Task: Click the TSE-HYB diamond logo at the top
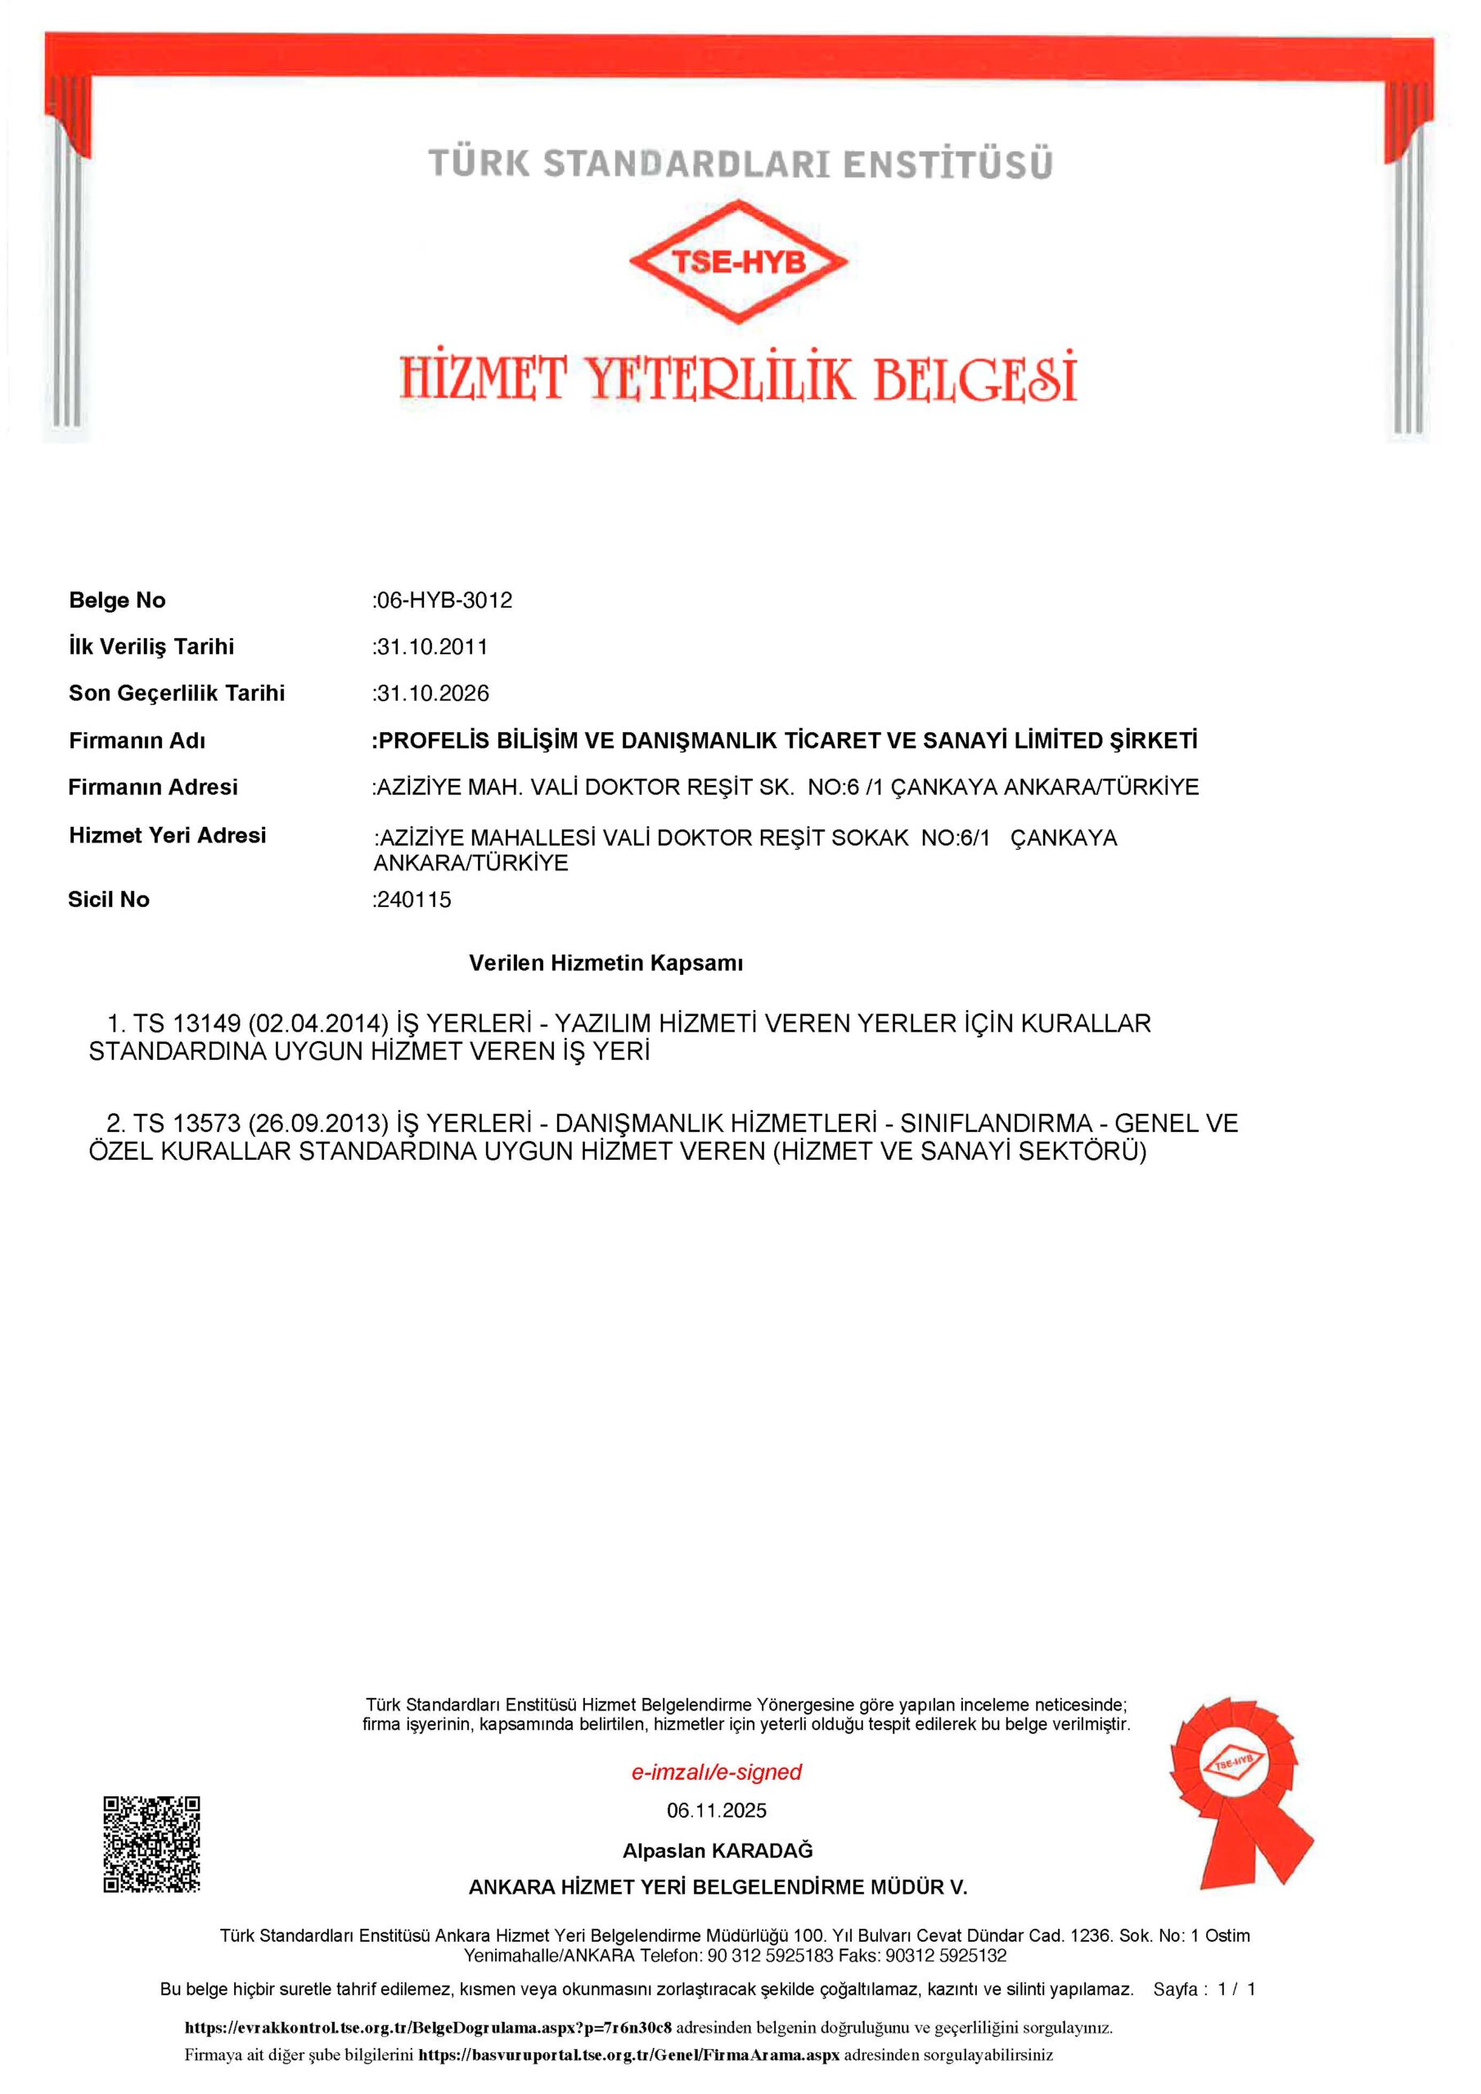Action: tap(738, 263)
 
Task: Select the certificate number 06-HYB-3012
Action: tap(444, 600)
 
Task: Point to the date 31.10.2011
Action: tap(431, 647)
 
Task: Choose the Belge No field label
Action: tap(117, 600)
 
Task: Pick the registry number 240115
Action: tap(413, 899)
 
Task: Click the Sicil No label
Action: tap(109, 899)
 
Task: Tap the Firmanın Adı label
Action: tap(137, 740)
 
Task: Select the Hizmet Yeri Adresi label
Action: tap(167, 835)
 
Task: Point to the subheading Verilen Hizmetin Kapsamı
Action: tap(606, 963)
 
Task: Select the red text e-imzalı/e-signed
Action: tap(716, 1772)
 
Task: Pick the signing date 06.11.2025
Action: tap(716, 1810)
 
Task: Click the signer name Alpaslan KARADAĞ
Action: tap(718, 1850)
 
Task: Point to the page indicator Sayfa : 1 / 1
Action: tap(1204, 1989)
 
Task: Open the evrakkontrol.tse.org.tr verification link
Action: tap(428, 2029)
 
